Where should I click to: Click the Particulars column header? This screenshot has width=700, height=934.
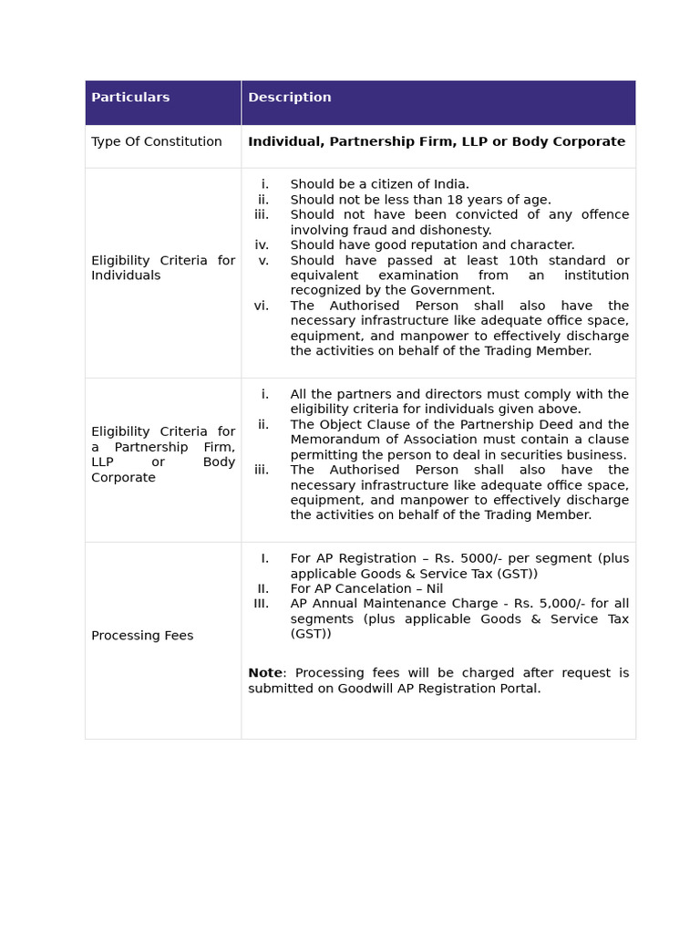130,98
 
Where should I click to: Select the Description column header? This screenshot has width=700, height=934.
289,98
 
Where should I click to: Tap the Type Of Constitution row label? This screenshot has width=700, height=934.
156,141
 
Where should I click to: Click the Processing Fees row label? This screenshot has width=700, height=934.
142,636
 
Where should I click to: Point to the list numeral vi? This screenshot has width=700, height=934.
262,306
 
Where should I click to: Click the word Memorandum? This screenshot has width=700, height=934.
333,440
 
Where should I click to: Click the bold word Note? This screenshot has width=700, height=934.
264,673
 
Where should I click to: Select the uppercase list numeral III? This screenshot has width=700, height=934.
262,604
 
